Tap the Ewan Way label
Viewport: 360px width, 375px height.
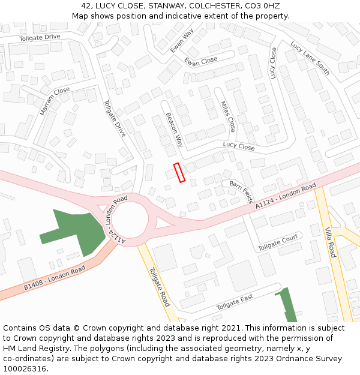tap(181, 41)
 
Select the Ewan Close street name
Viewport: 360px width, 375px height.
tap(201, 61)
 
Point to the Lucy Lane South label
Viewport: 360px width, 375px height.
tap(310, 58)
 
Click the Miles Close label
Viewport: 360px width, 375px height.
tap(228, 116)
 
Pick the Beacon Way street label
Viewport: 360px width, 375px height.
tap(175, 129)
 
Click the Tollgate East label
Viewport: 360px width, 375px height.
tap(235, 303)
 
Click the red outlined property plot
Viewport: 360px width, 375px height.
tap(179, 172)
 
